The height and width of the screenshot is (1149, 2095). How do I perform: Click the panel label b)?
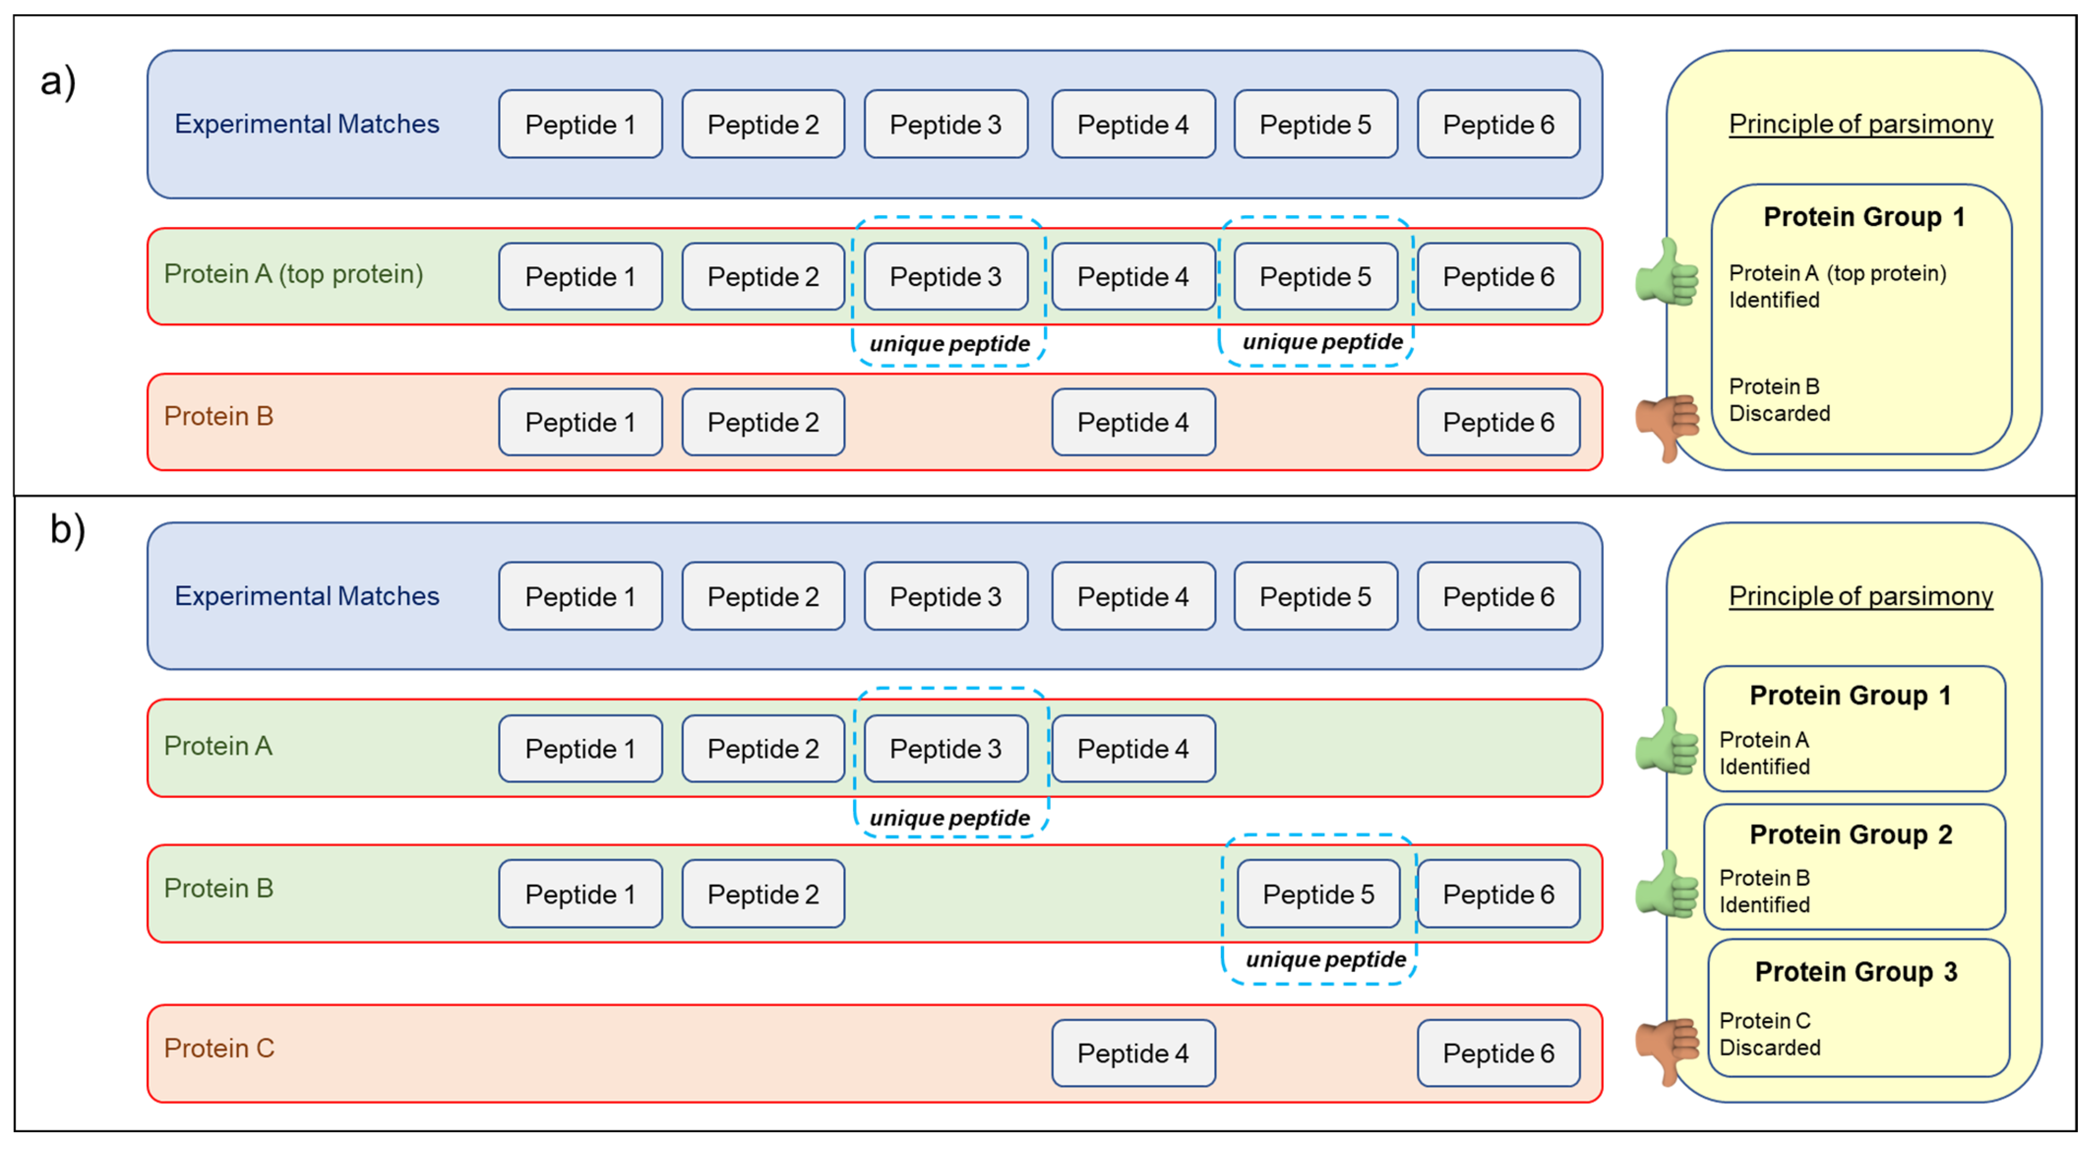coord(67,530)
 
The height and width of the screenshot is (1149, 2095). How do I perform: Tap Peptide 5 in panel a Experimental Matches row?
coord(1315,124)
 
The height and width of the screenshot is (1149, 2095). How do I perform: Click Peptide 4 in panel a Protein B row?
coord(1133,422)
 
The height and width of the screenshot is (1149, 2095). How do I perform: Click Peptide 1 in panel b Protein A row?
coord(580,748)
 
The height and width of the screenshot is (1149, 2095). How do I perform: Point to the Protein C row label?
coord(219,1048)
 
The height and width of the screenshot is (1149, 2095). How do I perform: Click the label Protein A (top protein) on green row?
coord(294,274)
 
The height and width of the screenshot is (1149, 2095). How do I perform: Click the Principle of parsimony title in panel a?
coord(1860,124)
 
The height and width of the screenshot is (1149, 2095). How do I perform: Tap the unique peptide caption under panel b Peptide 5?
coord(1326,960)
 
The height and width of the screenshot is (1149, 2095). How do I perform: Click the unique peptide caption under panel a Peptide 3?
coord(949,343)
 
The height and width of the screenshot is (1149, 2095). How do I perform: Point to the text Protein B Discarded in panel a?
coord(1779,400)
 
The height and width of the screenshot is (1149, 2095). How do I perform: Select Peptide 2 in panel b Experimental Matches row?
coord(763,596)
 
